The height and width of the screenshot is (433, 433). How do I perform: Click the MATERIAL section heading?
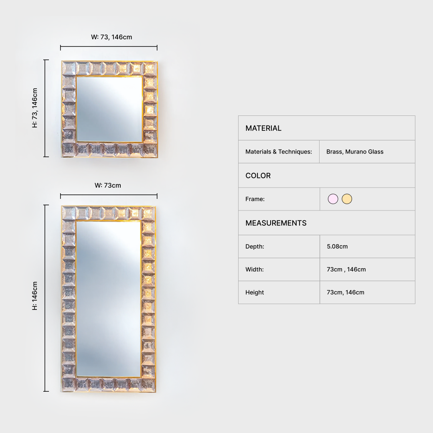point(263,128)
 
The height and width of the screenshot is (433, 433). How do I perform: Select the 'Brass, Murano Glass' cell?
point(354,152)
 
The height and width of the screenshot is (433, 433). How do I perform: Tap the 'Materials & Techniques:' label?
point(279,152)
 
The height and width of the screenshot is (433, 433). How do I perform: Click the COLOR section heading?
point(258,176)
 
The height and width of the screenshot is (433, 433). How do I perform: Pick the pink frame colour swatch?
point(333,199)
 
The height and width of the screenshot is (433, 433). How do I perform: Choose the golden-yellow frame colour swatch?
point(347,199)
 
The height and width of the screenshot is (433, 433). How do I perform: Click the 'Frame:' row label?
point(255,199)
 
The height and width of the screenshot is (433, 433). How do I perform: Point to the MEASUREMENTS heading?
point(276,223)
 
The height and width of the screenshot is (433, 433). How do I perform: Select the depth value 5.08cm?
point(337,246)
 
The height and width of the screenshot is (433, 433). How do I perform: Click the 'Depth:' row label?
point(255,246)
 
